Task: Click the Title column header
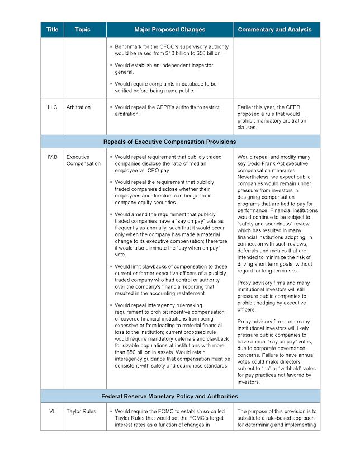[52, 30]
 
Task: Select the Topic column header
[83, 30]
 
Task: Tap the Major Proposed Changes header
[169, 30]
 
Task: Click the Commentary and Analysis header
[277, 30]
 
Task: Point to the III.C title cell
[52, 107]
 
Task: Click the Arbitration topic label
[78, 107]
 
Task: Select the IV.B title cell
[52, 158]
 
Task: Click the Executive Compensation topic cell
[83, 161]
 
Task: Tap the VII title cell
[52, 412]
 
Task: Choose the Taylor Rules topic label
[81, 412]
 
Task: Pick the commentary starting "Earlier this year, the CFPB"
[277, 116]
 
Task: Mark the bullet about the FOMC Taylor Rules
[168, 418]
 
